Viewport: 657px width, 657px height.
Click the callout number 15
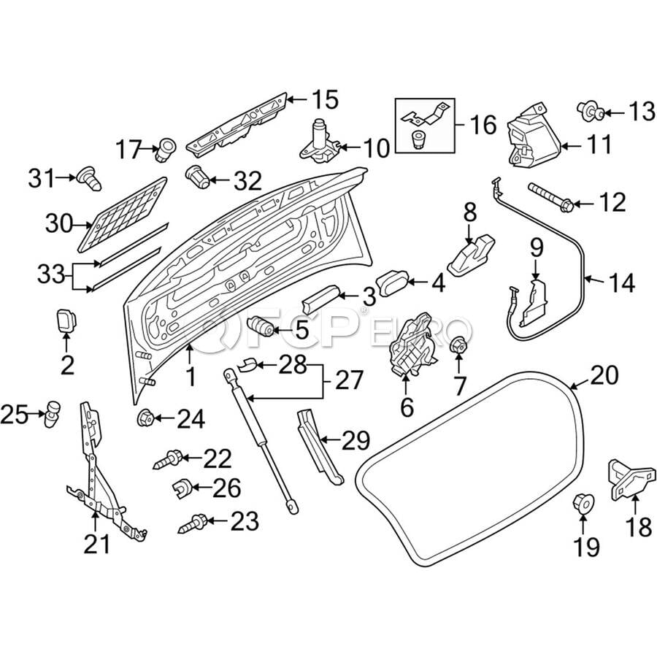326,99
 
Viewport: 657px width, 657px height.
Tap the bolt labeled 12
549,195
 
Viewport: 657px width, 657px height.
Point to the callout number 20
604,376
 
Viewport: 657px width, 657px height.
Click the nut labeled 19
582,504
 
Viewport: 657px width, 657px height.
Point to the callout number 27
352,380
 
